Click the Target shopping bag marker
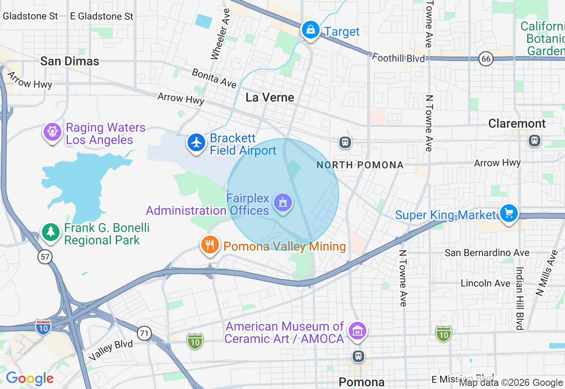pos(311,31)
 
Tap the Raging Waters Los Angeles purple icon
pos(53,132)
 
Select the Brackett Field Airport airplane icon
pos(196,143)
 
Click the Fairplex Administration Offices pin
pos(282,203)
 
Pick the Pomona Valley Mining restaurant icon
pos(210,245)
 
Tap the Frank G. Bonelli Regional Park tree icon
pos(51,232)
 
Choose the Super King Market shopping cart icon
pos(508,214)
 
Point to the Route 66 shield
pos(486,59)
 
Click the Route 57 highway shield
pos(45,256)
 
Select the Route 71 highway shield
pos(144,334)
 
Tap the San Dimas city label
pos(70,61)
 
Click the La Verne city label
pos(270,97)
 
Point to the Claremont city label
pos(517,123)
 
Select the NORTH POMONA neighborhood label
pos(360,165)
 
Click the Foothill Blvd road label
pos(398,57)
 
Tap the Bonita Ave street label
pos(214,78)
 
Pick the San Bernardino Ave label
pos(487,253)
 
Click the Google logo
pos(30,378)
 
